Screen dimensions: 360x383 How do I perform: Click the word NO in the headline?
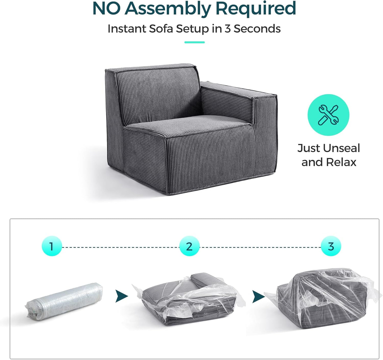106,8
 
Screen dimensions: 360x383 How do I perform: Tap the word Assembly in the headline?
168,8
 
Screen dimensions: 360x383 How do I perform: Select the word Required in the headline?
256,8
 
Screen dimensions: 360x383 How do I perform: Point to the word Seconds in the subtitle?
257,29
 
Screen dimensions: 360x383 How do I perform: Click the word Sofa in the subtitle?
162,29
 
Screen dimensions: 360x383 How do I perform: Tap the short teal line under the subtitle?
194,42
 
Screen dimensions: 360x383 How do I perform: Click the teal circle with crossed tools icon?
328,115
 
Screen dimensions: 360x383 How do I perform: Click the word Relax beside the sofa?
341,162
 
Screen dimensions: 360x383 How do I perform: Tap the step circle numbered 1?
52,246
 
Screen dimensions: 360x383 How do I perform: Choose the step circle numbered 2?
189,246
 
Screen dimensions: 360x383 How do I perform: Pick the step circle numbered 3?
331,246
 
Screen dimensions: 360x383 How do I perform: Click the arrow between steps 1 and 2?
121,296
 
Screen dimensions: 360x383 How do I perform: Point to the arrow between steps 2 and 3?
258,296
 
